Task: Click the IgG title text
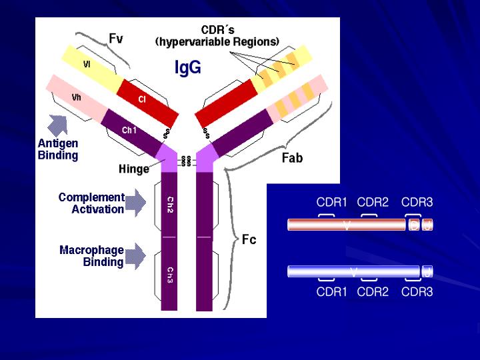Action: [187, 67]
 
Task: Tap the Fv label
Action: [116, 39]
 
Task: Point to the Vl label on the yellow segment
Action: [87, 65]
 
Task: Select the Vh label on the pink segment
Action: [77, 97]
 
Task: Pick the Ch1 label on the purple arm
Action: [129, 131]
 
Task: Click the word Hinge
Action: [134, 169]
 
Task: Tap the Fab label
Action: [292, 158]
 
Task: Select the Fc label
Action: [249, 239]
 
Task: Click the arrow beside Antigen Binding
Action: [58, 125]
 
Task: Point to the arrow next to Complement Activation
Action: [135, 203]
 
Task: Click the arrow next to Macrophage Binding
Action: [135, 255]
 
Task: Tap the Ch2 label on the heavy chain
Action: [170, 205]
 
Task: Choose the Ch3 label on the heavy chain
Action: [170, 275]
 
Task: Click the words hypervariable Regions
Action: [217, 41]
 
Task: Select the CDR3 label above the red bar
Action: [417, 202]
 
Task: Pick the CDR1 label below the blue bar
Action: [332, 291]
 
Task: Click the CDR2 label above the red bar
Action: [373, 202]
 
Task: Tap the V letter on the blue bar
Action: [353, 271]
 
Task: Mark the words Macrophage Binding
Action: [92, 256]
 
